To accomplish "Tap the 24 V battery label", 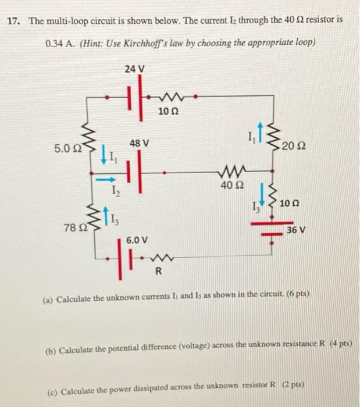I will pos(134,69).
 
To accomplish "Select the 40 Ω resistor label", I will pos(230,186).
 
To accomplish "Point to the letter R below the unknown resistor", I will pos(158,272).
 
